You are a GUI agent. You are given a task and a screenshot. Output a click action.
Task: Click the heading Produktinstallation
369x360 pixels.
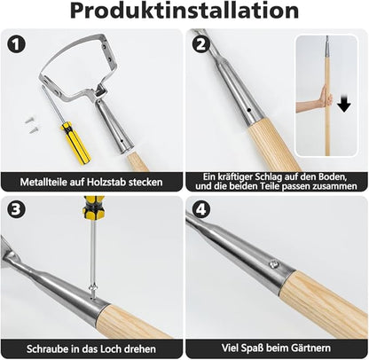click(x=184, y=11)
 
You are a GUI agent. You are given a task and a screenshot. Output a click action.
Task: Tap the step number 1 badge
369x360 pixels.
click(x=16, y=44)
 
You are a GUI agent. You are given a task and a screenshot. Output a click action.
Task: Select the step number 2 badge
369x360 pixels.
click(x=201, y=44)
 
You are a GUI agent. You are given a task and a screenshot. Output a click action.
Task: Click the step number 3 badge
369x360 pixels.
click(x=16, y=209)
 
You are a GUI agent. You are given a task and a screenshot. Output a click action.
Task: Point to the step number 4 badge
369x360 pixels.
click(x=201, y=209)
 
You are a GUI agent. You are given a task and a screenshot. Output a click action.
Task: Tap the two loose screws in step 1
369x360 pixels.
click(x=31, y=124)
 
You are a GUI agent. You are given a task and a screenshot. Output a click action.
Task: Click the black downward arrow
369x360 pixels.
click(x=343, y=104)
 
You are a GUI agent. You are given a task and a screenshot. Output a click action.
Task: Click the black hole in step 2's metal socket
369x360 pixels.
click(x=249, y=110)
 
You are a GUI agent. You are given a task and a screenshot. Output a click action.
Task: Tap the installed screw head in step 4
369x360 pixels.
click(x=274, y=263)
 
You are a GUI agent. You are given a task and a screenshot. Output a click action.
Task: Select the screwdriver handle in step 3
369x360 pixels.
click(x=92, y=208)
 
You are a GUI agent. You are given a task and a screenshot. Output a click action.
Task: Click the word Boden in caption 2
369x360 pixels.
click(x=332, y=176)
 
